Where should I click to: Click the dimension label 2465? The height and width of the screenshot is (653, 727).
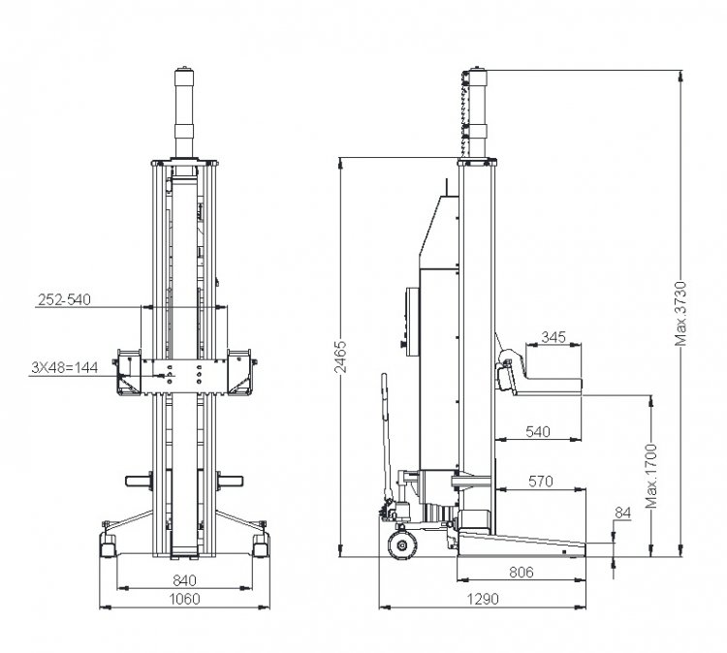pos(341,357)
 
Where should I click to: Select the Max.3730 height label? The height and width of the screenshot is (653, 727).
pos(680,314)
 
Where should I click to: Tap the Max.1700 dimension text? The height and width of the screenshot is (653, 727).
pos(651,476)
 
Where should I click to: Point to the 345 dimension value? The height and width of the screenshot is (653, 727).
pos(553,337)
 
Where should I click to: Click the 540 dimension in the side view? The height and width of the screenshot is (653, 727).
pos(538,432)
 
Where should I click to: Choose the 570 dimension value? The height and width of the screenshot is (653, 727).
pos(541,482)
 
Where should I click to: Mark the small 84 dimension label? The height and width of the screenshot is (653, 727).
pos(623,513)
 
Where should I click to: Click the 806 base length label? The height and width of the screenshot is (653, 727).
pos(522,573)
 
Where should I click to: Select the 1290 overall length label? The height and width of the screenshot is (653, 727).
pos(483,600)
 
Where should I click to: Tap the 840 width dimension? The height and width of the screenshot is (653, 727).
pos(184,580)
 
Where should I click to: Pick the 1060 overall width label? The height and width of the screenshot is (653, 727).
pos(184,600)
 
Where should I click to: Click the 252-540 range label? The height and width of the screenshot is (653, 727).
pos(64,299)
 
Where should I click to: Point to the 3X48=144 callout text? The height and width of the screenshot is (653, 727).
pos(64,368)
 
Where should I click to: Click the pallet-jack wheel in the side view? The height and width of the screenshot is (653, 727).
pos(402,545)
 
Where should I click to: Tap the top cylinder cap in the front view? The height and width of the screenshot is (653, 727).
pos(184,77)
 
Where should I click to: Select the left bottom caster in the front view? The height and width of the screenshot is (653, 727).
pos(108,545)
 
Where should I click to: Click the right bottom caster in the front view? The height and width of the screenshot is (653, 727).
pos(261,545)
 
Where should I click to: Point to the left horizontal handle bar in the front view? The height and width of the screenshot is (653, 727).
pos(139,482)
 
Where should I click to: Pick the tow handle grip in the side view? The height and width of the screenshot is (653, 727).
pos(384,396)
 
